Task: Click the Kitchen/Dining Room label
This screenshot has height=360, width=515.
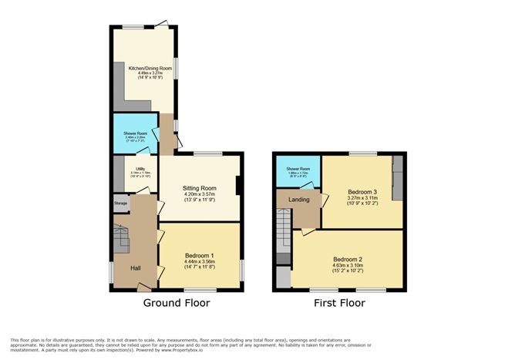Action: [145, 69]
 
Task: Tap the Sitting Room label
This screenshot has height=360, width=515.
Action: [199, 187]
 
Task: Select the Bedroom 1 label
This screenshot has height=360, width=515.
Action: [199, 255]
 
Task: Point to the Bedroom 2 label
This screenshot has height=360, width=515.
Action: [348, 259]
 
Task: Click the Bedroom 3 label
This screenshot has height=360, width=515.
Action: [362, 191]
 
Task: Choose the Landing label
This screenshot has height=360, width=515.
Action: [298, 200]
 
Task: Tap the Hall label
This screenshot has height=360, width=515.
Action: [135, 267]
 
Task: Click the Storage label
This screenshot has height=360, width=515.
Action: [120, 204]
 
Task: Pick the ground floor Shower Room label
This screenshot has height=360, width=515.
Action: [135, 133]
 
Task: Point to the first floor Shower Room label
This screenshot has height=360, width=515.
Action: [298, 169]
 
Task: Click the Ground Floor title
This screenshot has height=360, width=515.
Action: [177, 303]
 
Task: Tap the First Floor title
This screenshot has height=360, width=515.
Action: [339, 303]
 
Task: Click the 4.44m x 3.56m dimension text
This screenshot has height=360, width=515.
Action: [199, 262]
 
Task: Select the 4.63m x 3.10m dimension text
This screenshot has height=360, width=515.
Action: [348, 266]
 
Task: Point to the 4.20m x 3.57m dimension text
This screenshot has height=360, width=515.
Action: [199, 194]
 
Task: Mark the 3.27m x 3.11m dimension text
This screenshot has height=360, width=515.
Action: [362, 198]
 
